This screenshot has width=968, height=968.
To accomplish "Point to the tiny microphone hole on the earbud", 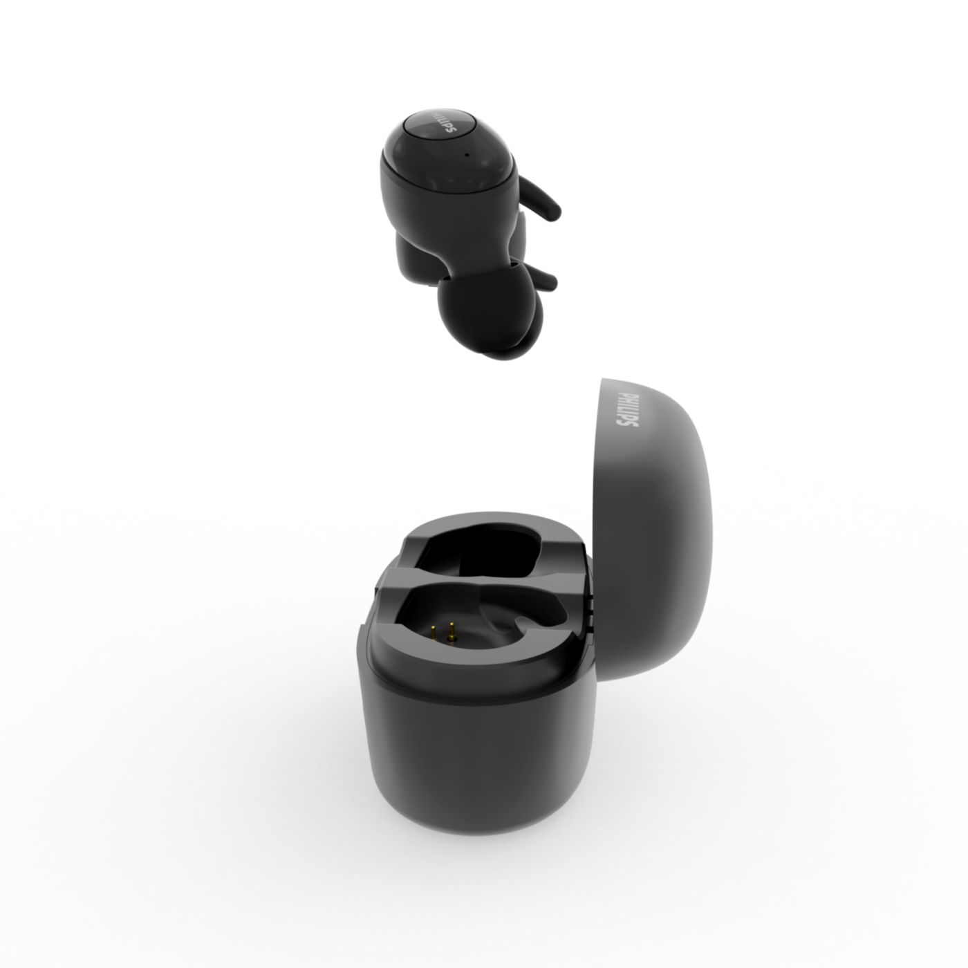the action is tap(467, 154).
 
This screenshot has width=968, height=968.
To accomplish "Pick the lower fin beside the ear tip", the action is tap(541, 278).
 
